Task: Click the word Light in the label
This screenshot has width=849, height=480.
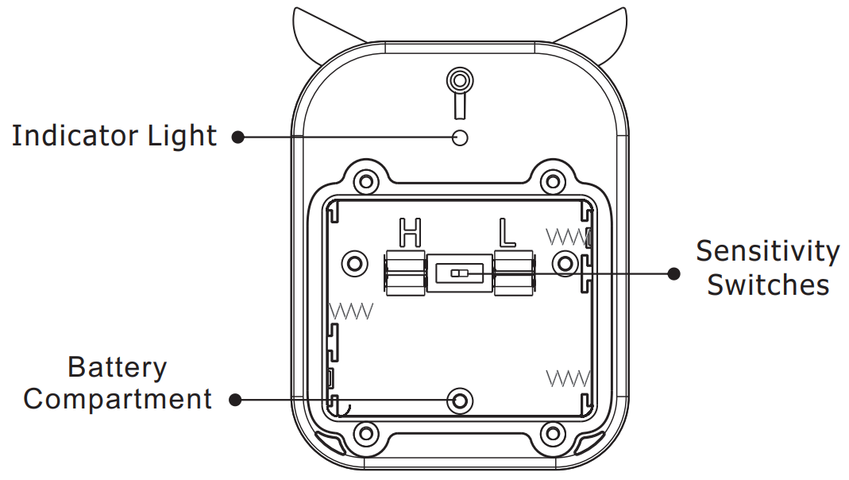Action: [183, 136]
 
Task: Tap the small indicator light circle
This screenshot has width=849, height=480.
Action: [459, 137]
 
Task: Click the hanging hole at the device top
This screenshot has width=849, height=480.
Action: [459, 80]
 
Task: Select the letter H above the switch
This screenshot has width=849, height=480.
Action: [410, 233]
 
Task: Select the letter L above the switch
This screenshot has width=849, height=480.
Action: [506, 233]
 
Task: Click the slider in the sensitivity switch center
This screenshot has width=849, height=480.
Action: [460, 273]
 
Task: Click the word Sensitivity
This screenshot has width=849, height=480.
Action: [767, 251]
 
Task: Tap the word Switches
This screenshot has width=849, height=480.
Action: [767, 285]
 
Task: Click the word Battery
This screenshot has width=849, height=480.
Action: [117, 367]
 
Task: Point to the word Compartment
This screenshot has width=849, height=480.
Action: [118, 399]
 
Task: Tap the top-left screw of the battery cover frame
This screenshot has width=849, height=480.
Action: [365, 182]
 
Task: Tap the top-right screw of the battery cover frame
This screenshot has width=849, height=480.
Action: [553, 182]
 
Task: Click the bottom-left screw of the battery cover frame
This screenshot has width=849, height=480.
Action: [365, 434]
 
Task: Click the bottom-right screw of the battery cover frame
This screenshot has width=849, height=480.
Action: [553, 434]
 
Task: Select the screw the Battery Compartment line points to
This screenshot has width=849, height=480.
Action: [458, 401]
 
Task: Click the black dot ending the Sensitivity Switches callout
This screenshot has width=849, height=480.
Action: [673, 273]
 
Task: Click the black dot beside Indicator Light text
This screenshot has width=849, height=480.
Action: [237, 137]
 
